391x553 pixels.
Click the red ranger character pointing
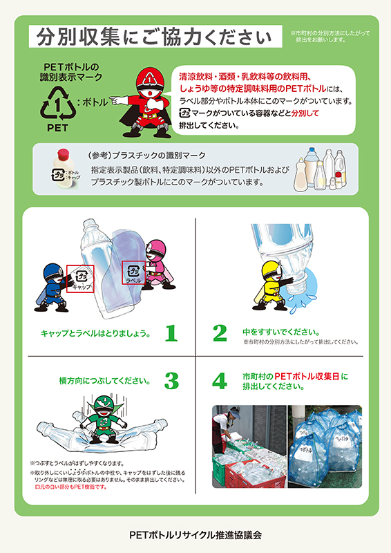pos(147,102)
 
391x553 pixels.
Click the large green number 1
pos(171,333)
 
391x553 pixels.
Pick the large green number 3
pos(171,381)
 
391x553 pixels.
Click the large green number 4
pos(220,381)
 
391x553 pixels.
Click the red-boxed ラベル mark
pos(133,274)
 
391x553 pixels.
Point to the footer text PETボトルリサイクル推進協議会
pos(195,534)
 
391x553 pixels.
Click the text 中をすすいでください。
pos(276,331)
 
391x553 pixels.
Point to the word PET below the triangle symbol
pos(57,128)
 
